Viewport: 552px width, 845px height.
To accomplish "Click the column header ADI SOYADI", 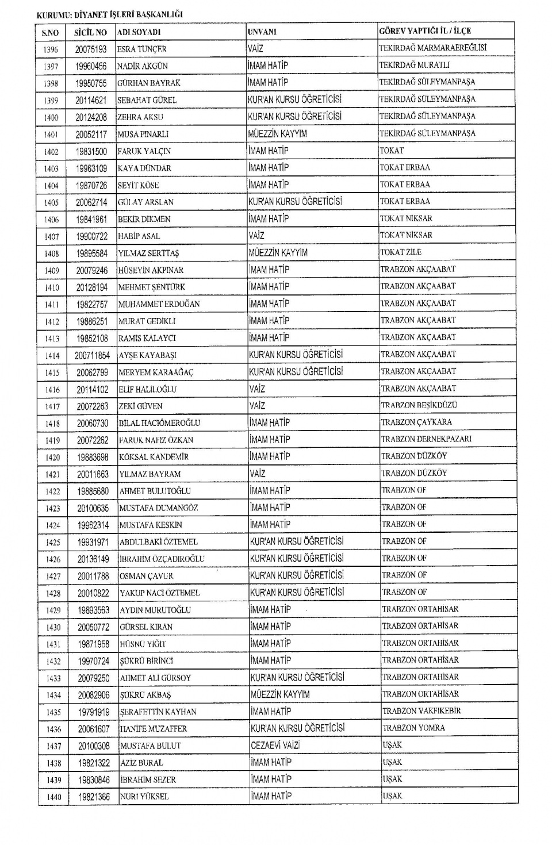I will (x=139, y=33).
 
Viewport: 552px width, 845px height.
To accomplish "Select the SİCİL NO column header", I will (x=90, y=33).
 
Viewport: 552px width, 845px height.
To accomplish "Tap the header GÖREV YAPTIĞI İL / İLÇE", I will (x=425, y=31).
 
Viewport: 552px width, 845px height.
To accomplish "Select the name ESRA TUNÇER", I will (x=141, y=49).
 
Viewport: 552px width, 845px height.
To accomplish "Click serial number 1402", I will (x=51, y=152).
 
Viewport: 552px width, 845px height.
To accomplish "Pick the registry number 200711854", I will (x=92, y=356).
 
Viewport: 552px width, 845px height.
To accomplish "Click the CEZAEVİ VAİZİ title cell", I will (x=275, y=745).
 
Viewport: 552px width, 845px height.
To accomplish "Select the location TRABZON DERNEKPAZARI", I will (x=426, y=439).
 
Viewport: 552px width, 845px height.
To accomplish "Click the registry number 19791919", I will (x=94, y=712).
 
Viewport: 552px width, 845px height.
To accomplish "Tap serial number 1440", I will (x=53, y=797).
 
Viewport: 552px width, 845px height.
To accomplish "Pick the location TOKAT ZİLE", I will (x=400, y=252).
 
